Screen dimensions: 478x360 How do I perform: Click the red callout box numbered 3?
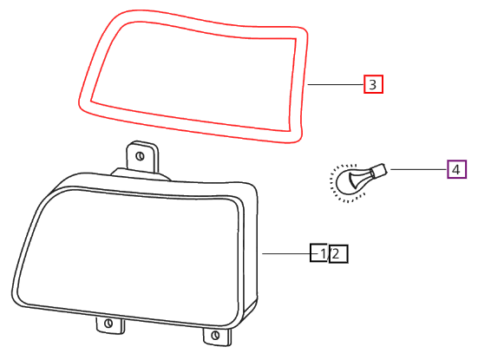point(373,84)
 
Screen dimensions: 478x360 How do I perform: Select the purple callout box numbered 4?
point(456,169)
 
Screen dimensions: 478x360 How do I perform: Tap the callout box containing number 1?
point(318,252)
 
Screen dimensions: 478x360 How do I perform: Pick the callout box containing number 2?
point(338,253)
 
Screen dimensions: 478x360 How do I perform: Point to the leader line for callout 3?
point(336,84)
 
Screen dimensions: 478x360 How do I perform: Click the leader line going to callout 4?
point(419,169)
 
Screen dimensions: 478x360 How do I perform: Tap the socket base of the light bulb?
point(378,171)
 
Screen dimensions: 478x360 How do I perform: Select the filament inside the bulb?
point(360,180)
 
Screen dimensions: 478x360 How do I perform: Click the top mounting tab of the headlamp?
point(142,156)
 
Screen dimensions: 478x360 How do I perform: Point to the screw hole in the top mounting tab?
point(140,156)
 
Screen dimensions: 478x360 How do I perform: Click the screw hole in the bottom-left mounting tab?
point(108,323)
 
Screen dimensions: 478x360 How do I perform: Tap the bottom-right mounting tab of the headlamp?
point(217,337)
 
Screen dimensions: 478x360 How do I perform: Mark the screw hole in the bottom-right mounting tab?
point(215,335)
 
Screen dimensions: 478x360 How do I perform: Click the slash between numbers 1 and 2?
point(328,253)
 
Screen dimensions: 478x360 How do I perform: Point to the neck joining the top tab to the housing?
point(141,174)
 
